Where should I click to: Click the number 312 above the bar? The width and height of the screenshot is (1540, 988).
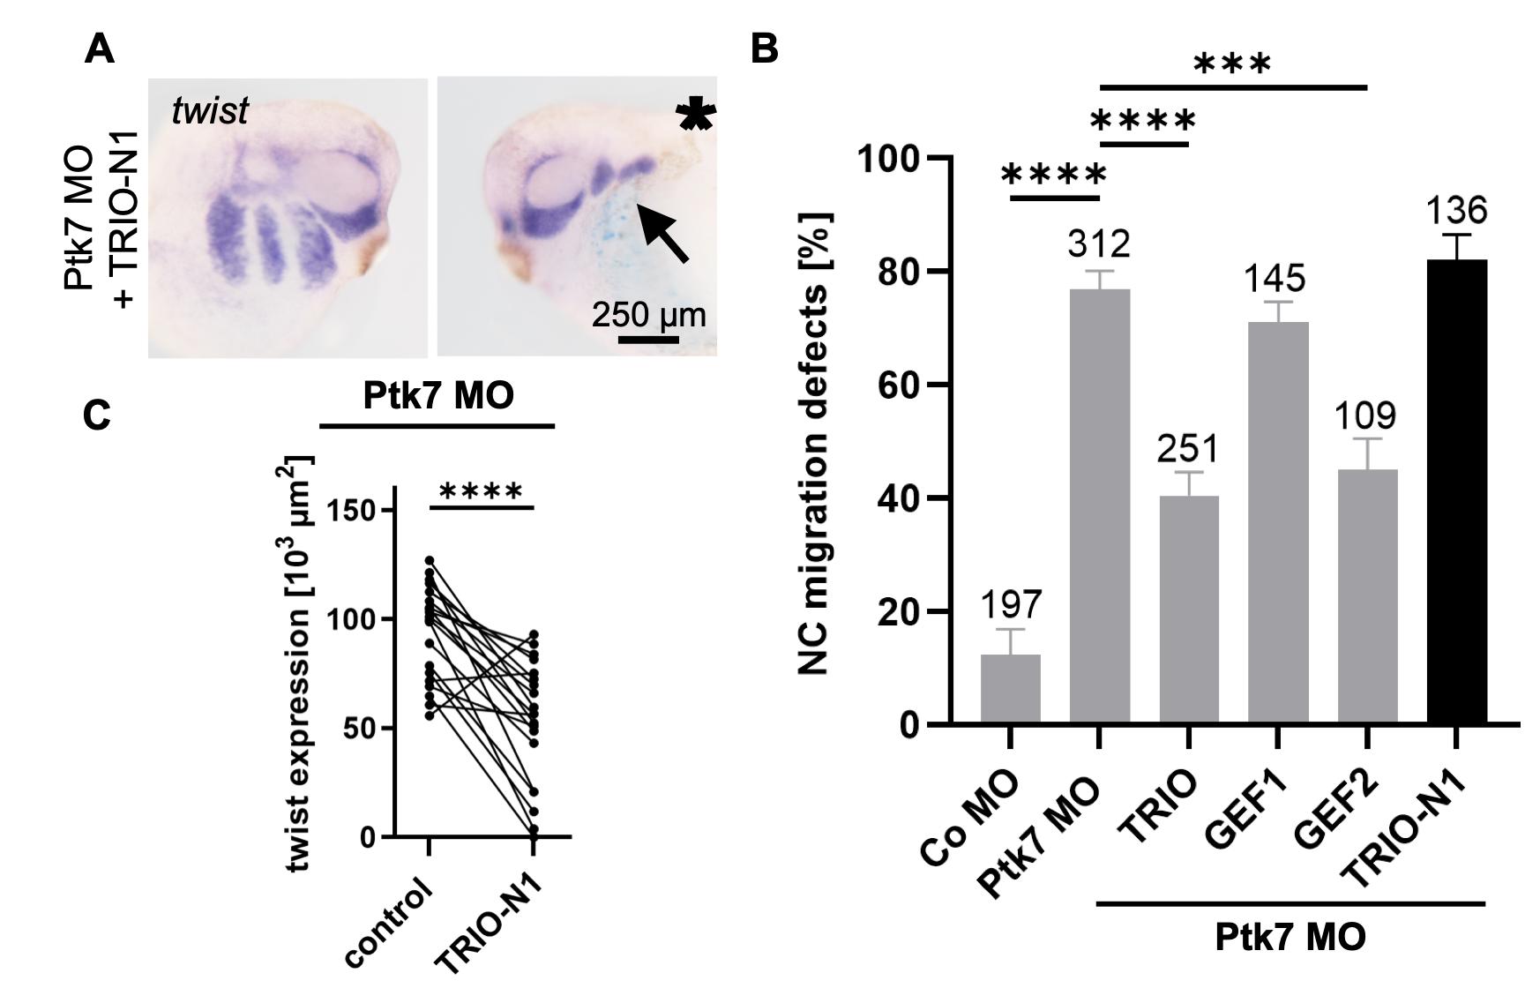coord(1098,244)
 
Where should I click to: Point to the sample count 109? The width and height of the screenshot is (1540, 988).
coord(1364,415)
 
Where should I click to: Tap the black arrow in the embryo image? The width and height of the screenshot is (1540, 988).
coord(662,233)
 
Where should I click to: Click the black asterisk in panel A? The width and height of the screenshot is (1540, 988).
coord(695,116)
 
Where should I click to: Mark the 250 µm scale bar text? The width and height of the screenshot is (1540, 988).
coord(648,315)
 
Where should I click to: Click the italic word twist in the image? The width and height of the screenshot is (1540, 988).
coord(210,112)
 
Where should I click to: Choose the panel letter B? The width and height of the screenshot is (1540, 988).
coord(764,49)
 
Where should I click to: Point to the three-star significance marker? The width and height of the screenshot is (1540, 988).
coord(1232,64)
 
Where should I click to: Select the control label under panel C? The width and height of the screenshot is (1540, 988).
coord(390,923)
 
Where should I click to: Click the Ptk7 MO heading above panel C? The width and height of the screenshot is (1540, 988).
coord(437,396)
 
